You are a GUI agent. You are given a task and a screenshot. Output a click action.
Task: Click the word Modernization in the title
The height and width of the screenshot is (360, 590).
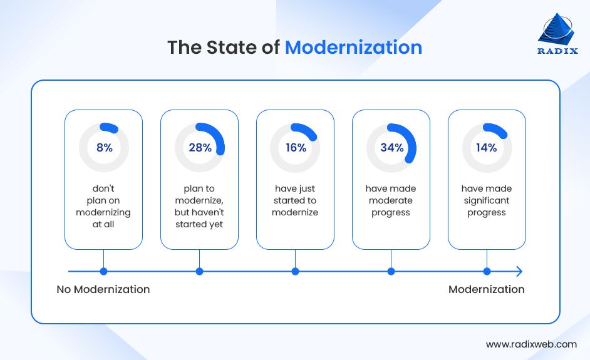[x=353, y=48]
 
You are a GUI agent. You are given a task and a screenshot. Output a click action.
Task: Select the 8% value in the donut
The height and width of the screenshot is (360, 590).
[x=104, y=148]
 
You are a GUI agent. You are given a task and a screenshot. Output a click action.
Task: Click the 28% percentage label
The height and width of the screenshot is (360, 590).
[x=200, y=148]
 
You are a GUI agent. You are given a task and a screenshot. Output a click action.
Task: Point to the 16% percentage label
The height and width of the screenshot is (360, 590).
[x=296, y=148]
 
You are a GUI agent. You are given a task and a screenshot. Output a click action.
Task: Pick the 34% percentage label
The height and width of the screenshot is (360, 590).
[x=391, y=148]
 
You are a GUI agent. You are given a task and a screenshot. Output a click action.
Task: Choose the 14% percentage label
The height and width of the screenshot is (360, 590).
[x=487, y=148]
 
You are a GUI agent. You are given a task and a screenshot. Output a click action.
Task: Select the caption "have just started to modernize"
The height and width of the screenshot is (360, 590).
[x=295, y=200]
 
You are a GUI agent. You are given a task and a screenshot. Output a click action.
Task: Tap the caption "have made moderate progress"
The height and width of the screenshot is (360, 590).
[x=391, y=200]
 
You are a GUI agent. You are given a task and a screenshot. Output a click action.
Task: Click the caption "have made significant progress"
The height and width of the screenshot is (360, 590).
[x=487, y=200]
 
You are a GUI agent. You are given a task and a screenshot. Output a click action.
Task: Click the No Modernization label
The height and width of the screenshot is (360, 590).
[x=103, y=289]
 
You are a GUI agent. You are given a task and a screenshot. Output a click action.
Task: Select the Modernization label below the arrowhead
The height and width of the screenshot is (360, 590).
[x=487, y=289]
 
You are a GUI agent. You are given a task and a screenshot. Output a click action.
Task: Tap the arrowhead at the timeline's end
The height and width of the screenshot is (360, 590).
[x=518, y=271]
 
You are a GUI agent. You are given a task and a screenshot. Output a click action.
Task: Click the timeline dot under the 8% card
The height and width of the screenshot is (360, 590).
[x=104, y=271]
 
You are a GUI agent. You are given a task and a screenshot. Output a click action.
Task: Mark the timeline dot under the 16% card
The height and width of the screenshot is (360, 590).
[x=295, y=271]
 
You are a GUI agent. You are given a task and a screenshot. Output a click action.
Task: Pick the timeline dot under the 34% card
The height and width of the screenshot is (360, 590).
[x=391, y=271]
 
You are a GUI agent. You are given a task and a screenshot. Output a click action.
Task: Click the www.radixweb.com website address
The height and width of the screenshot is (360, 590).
[x=531, y=344]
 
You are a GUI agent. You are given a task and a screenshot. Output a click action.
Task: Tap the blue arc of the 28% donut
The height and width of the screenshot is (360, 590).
[x=220, y=137]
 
